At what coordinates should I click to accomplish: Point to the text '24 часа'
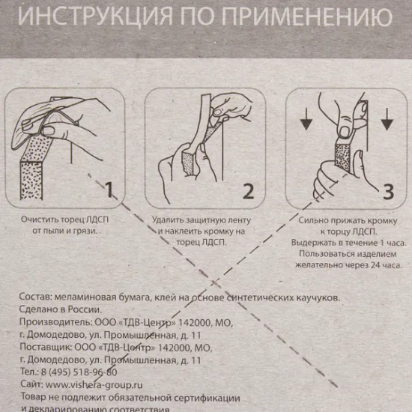(387, 264)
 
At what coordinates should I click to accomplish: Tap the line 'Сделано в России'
(61, 310)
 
